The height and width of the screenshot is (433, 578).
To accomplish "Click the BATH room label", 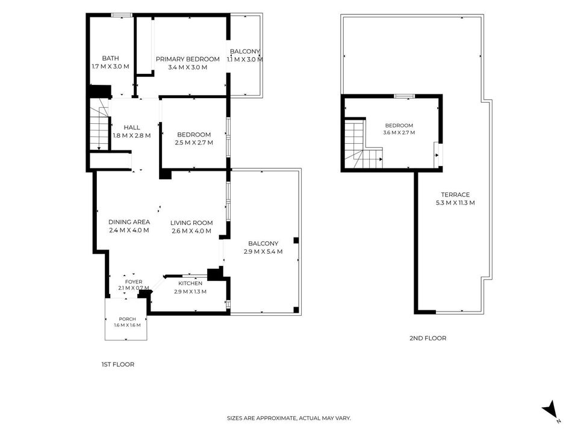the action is point(110,58).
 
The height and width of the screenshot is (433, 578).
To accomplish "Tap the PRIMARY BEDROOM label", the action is point(188,59).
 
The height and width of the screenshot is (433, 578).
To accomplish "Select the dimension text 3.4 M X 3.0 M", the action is point(188,67).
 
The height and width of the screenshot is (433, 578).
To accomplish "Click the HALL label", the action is point(132,127).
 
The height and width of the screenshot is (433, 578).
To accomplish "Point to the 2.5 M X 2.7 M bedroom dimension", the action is point(194,143).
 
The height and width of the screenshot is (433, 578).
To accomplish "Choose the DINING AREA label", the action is point(129,222).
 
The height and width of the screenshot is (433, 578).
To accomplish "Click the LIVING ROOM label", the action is point(191,223).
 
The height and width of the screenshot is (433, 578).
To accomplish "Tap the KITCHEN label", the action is point(190,283).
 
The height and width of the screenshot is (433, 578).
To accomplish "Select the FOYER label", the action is point(134,281).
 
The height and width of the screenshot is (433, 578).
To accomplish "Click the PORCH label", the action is point(127,319).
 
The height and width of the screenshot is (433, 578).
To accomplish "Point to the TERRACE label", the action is point(455,195).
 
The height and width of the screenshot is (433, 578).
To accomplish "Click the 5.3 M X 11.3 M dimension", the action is point(455,203).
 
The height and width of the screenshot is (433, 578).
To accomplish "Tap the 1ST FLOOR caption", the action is point(118,364).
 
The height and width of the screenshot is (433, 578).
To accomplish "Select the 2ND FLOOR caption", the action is point(427,338).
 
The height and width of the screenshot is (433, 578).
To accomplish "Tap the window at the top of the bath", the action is point(122,15).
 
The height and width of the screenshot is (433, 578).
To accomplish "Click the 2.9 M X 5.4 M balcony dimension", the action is point(263,252).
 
